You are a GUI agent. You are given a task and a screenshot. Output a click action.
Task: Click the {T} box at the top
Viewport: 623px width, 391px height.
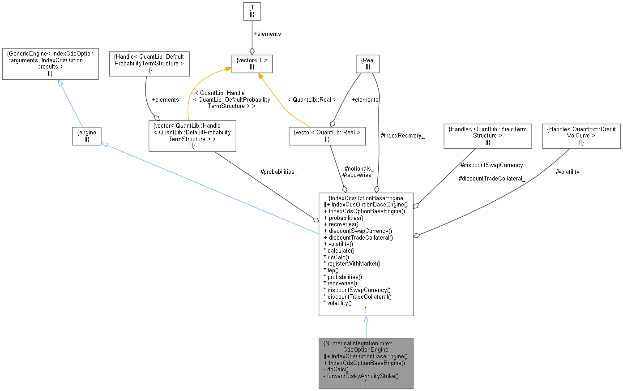(252, 11)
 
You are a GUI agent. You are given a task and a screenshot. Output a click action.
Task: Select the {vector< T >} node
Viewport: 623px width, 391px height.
(252, 64)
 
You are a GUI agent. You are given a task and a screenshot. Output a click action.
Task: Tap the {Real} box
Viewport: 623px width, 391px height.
(367, 64)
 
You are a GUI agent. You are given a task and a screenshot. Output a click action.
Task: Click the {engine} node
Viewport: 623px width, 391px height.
(87, 136)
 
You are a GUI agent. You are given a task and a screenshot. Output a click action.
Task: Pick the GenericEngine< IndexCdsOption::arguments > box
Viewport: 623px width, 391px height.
(50, 63)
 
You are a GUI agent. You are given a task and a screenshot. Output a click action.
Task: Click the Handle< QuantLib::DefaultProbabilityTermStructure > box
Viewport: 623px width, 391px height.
(149, 63)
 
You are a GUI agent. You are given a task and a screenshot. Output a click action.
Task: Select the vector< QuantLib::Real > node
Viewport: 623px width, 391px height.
(327, 136)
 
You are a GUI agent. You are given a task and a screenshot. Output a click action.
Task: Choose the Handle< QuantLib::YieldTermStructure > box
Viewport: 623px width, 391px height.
(487, 136)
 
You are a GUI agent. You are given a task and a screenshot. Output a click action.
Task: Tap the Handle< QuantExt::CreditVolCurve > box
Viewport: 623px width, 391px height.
(581, 136)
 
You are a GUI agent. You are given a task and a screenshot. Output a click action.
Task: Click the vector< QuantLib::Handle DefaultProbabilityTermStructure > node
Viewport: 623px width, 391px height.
(192, 136)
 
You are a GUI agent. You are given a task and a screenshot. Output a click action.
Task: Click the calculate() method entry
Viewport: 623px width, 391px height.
(340, 251)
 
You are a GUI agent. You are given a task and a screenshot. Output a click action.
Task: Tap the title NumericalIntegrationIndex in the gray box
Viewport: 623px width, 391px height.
(358, 343)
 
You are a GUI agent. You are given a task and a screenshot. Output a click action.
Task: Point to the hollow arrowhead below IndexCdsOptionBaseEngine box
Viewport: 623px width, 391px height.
(366, 319)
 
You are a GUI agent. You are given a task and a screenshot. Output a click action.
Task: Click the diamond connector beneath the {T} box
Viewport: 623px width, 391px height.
(252, 51)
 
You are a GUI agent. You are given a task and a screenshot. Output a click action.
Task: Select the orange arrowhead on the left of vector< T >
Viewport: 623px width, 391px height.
(228, 69)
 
